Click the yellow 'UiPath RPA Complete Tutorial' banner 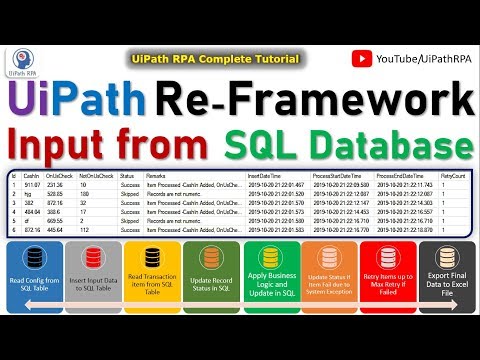[215, 60]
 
